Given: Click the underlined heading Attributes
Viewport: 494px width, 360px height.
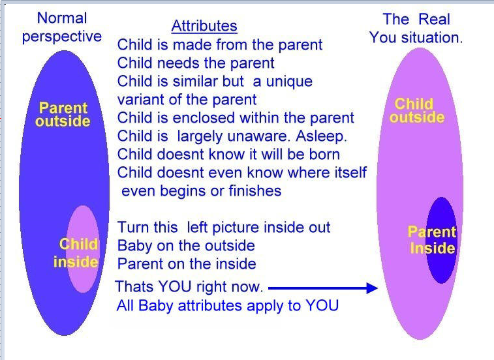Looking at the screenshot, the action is [204, 26].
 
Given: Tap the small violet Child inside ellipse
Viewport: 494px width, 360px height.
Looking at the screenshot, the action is [83, 249].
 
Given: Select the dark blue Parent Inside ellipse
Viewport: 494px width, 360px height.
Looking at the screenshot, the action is [441, 240].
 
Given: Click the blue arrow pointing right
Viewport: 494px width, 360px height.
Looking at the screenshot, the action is [323, 288].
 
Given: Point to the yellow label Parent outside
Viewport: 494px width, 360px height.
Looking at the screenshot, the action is [63, 114].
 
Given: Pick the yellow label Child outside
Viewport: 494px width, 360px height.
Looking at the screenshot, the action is [417, 110].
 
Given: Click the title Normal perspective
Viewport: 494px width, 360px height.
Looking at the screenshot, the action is [62, 27].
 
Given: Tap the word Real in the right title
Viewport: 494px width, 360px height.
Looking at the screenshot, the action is [434, 19].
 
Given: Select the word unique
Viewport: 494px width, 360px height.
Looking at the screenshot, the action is [289, 82].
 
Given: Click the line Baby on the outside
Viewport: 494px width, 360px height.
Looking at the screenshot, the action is [186, 246].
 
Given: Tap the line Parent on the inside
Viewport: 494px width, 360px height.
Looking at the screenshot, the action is [187, 264].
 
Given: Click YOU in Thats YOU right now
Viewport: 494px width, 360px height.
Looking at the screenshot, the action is [174, 287].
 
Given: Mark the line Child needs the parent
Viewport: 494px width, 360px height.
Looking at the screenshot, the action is [196, 63].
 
